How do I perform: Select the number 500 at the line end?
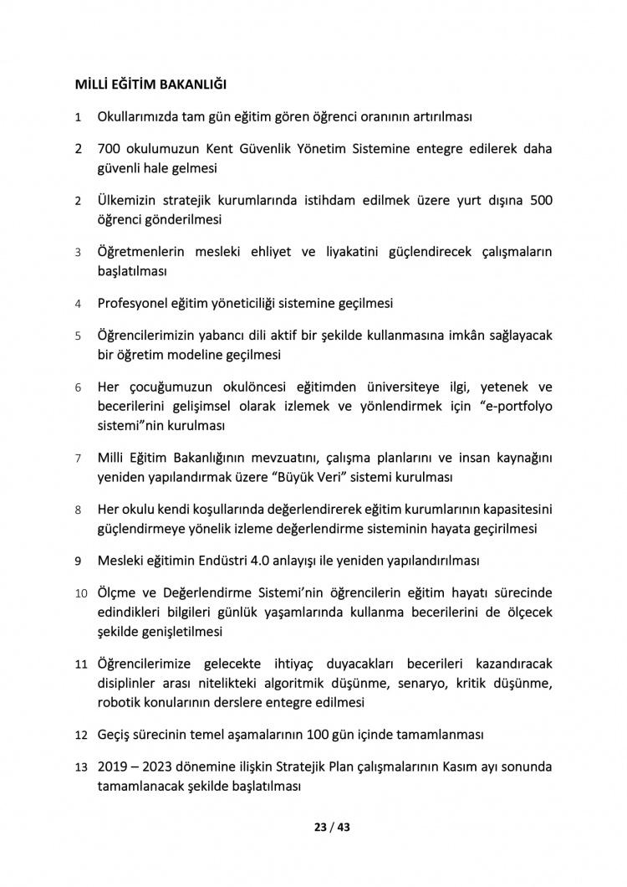(x=540, y=201)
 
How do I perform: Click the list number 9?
(x=78, y=560)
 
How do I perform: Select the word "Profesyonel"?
(x=134, y=303)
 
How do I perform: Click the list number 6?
(x=78, y=387)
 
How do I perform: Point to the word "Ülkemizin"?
(x=127, y=201)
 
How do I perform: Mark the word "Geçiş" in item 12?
(x=114, y=736)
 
